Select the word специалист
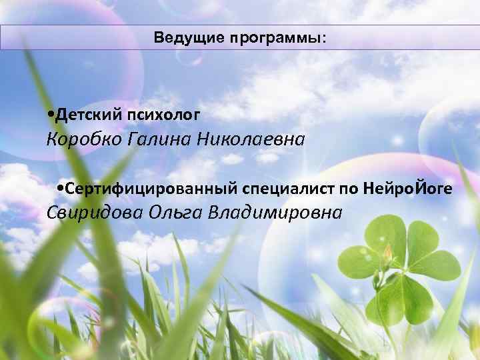click(279, 189)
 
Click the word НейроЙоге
click(409, 189)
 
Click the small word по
click(349, 189)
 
